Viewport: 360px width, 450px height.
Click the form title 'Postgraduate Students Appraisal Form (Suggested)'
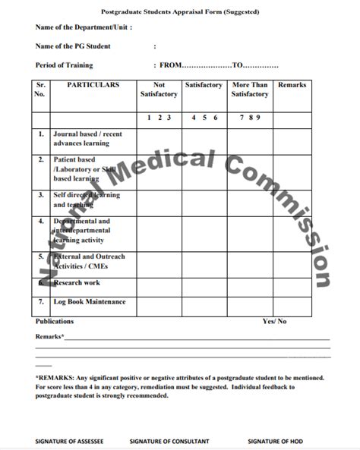[180, 12]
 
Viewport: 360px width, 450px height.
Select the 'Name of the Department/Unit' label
[84, 27]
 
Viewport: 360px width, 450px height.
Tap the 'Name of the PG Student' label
[73, 46]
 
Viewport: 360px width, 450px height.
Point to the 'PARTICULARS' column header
[93, 86]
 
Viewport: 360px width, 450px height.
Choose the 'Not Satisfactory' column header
[159, 90]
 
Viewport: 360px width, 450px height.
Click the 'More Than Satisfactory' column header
[250, 90]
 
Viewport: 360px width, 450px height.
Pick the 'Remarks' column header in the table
[292, 86]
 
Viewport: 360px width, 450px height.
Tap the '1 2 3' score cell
[159, 118]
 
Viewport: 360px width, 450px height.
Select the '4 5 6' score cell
[204, 118]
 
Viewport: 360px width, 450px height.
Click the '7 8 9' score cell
[250, 118]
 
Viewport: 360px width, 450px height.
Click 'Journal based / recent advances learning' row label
[87, 138]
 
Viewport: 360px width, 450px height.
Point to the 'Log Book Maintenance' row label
[89, 302]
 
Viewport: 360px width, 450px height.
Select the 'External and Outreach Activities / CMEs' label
[89, 262]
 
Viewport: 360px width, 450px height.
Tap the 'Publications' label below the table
[55, 322]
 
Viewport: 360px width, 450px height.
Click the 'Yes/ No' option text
[274, 322]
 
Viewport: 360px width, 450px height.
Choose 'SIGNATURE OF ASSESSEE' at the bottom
[69, 441]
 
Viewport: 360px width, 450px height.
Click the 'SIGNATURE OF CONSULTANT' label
[169, 441]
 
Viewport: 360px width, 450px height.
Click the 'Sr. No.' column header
[40, 90]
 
